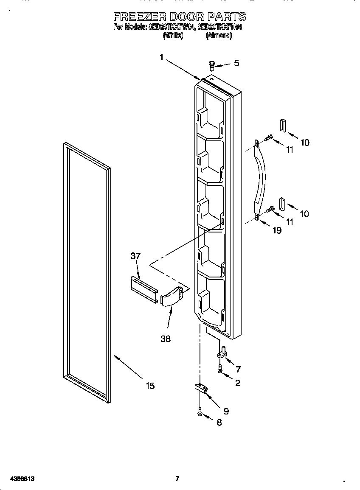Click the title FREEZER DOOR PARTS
point(180,17)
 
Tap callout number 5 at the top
point(236,63)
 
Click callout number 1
point(161,58)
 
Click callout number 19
point(277,231)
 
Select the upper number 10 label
point(305,143)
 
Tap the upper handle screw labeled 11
point(268,138)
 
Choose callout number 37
point(135,256)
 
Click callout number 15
point(150,386)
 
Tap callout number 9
point(226,411)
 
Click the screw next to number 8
point(199,412)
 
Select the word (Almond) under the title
point(219,36)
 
